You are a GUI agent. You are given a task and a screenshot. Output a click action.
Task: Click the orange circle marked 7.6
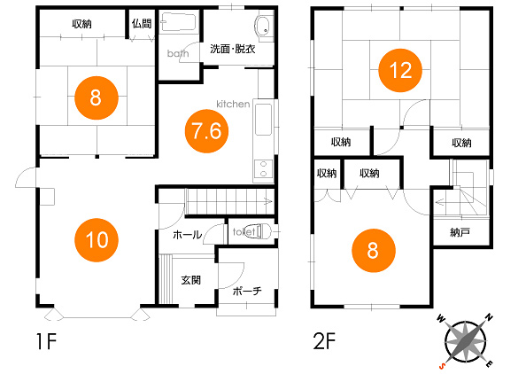point(206,131)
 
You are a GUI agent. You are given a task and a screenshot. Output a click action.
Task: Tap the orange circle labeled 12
point(400,71)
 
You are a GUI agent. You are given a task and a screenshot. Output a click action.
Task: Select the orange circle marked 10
point(97,240)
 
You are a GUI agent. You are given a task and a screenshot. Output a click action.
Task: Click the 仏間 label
point(142,24)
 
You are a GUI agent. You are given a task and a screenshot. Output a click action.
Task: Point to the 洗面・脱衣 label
point(233,49)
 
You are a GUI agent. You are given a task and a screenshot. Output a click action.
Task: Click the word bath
point(178,53)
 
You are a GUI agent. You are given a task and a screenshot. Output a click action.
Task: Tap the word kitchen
point(233,104)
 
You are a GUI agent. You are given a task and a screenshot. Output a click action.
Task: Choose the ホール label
point(187,235)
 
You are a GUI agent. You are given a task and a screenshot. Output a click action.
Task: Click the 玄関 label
point(191,280)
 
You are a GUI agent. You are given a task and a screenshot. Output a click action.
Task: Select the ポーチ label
point(247,291)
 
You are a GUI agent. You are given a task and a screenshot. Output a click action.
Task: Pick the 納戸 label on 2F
point(460,232)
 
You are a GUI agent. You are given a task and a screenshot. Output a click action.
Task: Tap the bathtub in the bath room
point(178,22)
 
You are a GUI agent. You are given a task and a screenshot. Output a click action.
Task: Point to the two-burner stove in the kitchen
point(264,169)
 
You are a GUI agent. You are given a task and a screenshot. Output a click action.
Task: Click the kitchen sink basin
point(263,120)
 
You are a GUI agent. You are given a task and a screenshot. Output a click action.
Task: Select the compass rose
point(465,340)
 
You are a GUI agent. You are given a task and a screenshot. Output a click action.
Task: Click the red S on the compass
point(443,365)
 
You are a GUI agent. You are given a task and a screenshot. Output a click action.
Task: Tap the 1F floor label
point(46,341)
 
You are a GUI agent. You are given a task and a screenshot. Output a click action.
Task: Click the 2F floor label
point(324,340)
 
